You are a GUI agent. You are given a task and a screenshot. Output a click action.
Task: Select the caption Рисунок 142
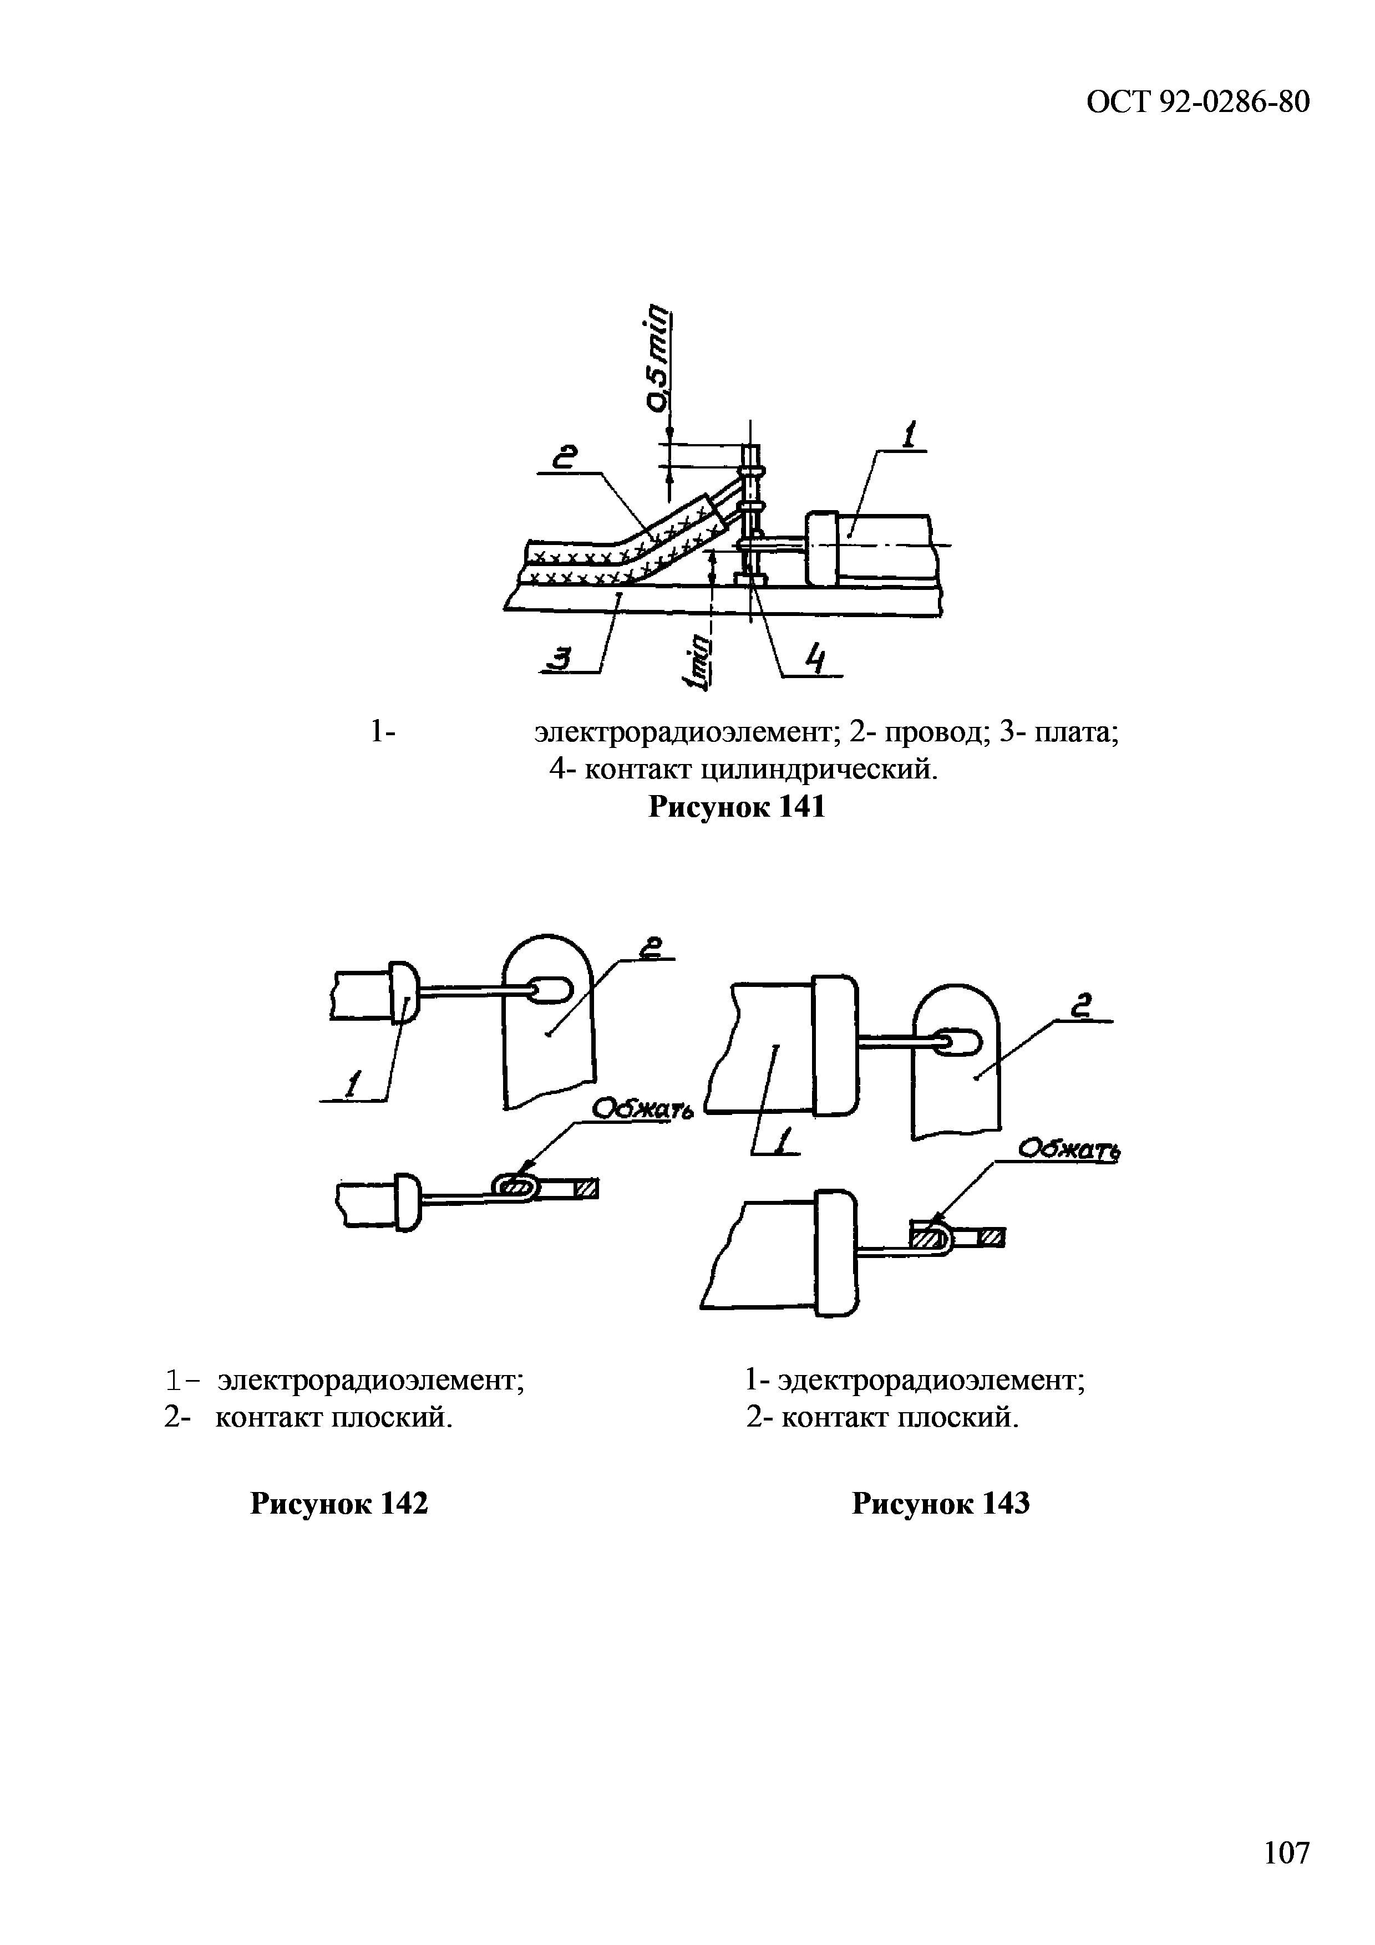339,1504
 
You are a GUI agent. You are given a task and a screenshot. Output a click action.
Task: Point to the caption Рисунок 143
940,1504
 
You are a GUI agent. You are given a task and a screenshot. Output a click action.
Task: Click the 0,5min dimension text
657,359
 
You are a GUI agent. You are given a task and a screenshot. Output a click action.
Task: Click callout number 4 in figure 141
814,658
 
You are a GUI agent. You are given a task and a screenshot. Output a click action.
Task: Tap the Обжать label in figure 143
1068,1149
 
